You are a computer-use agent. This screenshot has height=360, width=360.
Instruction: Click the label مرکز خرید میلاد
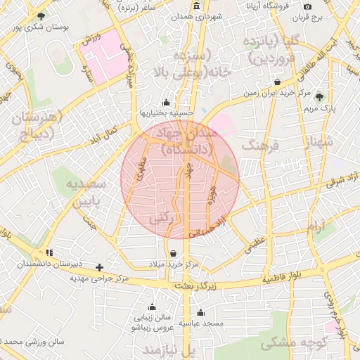[x=174, y=264]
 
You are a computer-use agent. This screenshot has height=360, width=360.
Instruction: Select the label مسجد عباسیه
[x=202, y=323]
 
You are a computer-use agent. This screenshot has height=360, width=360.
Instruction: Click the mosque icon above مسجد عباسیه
[x=201, y=313]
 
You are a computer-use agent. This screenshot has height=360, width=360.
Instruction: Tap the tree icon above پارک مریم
[x=320, y=97]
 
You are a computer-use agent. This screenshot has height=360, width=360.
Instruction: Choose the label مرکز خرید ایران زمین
[x=278, y=93]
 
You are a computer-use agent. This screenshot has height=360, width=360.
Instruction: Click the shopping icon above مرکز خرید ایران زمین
[x=278, y=82]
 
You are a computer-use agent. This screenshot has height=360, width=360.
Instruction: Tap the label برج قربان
[x=326, y=15]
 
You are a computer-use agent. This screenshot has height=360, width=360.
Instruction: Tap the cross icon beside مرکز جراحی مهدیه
[x=100, y=267]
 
